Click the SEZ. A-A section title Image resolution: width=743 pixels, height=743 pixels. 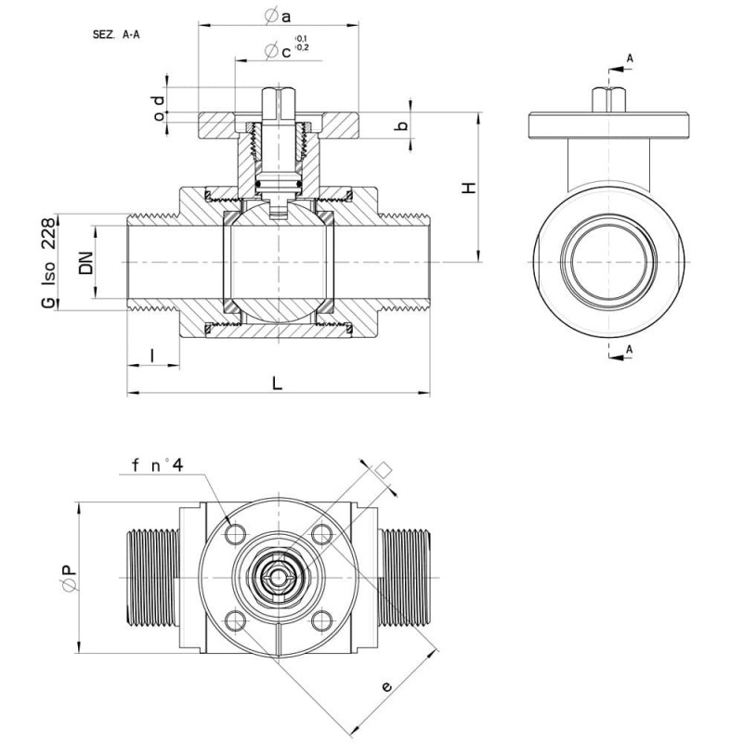pyautogui.click(x=116, y=34)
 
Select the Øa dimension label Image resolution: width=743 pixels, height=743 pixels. pyautogui.click(x=278, y=17)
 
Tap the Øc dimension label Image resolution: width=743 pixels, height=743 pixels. pyautogui.click(x=279, y=51)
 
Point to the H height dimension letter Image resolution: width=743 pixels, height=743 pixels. pyautogui.click(x=469, y=188)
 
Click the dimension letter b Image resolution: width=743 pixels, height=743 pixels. pyautogui.click(x=402, y=125)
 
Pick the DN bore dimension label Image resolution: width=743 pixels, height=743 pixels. pyautogui.click(x=86, y=263)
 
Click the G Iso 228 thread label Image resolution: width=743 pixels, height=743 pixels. pyautogui.click(x=48, y=263)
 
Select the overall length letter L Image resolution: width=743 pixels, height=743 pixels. pyautogui.click(x=277, y=383)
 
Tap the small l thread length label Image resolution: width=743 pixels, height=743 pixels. pyautogui.click(x=152, y=356)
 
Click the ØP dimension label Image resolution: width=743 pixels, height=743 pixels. pyautogui.click(x=69, y=578)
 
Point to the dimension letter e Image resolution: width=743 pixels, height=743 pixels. pyautogui.click(x=386, y=686)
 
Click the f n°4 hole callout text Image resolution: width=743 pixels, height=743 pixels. pyautogui.click(x=157, y=465)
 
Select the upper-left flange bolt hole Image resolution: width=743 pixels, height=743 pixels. pyautogui.click(x=236, y=535)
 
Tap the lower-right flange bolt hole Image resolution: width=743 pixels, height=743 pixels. pyautogui.click(x=321, y=620)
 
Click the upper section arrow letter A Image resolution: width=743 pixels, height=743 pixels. pyautogui.click(x=630, y=59)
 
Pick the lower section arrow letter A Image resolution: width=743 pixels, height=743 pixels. pyautogui.click(x=630, y=349)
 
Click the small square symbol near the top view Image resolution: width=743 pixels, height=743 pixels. pyautogui.click(x=384, y=470)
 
